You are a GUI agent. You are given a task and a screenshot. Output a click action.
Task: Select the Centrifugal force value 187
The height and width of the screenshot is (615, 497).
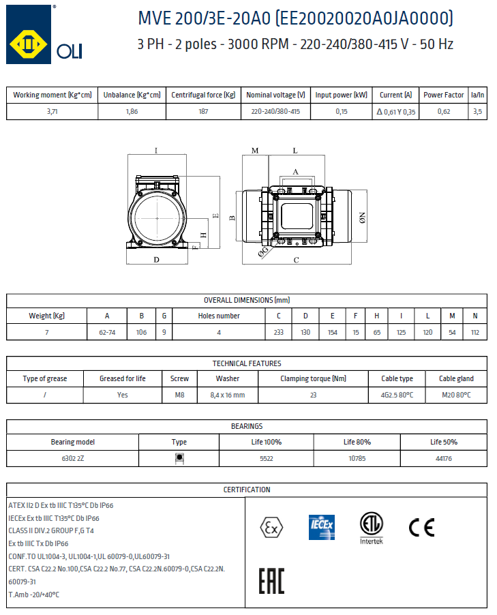tap(203, 112)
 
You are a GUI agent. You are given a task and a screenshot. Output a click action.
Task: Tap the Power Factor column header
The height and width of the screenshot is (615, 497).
tap(443, 95)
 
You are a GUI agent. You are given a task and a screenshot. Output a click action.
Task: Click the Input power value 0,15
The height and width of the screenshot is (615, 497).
tap(341, 112)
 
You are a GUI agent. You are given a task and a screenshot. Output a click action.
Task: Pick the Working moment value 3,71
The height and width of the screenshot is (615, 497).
tap(52, 112)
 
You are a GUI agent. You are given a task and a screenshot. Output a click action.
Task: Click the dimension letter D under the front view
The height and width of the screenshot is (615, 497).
tap(156, 260)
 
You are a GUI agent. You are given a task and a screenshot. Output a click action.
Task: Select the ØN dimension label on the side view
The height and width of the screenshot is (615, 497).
tap(363, 217)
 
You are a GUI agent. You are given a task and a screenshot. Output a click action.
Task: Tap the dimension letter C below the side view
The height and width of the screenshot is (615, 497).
tap(296, 260)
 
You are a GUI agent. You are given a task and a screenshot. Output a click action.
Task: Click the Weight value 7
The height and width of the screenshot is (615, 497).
tap(46, 332)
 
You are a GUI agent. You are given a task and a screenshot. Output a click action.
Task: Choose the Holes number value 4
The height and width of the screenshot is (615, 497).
tap(219, 332)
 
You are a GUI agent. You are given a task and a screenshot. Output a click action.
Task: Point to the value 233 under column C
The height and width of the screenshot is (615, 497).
tap(278, 332)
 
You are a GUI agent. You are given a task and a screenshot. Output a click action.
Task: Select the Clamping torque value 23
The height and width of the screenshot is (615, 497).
tap(314, 395)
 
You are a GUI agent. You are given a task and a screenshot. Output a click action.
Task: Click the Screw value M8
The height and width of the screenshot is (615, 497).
tap(179, 395)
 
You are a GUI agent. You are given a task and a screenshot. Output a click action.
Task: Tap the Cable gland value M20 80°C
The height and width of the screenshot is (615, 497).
tap(456, 395)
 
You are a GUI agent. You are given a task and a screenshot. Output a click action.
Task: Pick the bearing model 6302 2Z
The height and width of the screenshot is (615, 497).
tap(72, 458)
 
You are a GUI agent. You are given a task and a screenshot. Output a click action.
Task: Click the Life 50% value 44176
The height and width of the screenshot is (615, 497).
tap(443, 458)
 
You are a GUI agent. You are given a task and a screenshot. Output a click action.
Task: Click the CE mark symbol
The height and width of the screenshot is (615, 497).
tap(421, 527)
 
